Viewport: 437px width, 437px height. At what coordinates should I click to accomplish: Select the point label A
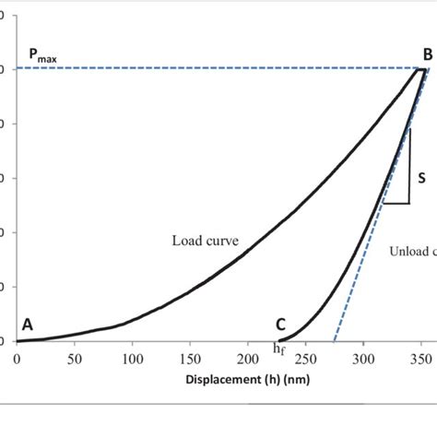(28, 325)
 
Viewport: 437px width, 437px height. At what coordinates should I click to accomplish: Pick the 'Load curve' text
(205, 242)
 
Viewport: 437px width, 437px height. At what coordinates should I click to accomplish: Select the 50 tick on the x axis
(75, 359)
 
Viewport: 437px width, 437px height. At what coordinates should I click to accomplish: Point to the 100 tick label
(133, 359)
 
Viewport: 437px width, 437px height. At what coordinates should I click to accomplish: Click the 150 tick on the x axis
(191, 359)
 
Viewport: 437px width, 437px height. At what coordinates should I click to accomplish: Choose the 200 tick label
(249, 359)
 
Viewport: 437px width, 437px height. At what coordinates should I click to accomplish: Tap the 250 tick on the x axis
(307, 359)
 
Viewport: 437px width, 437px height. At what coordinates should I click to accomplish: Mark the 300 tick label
(365, 359)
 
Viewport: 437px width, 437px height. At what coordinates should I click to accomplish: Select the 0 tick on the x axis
(17, 359)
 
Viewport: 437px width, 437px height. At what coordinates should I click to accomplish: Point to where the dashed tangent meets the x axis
(334, 341)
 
